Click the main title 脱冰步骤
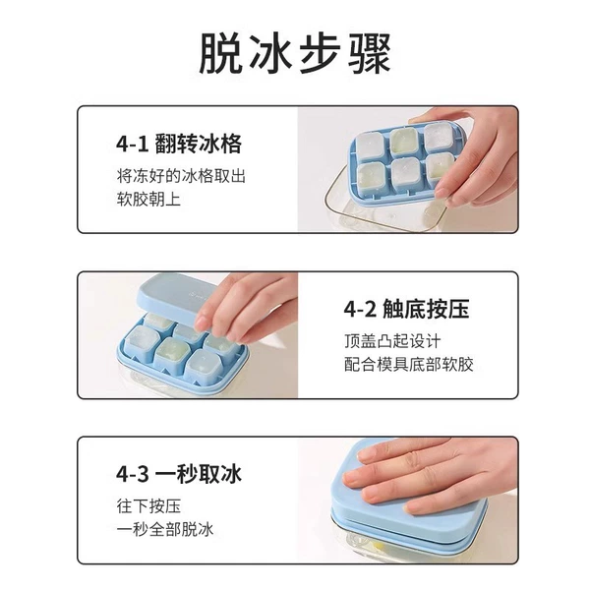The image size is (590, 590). click(295, 53)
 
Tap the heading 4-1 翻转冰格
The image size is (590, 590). click(179, 144)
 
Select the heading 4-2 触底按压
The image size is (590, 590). click(407, 310)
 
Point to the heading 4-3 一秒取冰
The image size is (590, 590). click(179, 474)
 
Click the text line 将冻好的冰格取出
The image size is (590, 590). click(181, 176)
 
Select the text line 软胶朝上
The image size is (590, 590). click(148, 199)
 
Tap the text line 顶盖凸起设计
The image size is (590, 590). click(392, 341)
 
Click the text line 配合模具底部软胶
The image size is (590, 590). click(409, 364)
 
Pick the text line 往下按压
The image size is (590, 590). click(148, 505)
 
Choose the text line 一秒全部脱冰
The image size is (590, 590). click(165, 529)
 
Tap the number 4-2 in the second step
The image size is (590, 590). click(360, 310)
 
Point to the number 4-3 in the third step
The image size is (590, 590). click(133, 474)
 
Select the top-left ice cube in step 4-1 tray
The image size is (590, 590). click(371, 146)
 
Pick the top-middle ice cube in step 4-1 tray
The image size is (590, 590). click(404, 142)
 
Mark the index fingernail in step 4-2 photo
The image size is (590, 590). click(201, 323)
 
